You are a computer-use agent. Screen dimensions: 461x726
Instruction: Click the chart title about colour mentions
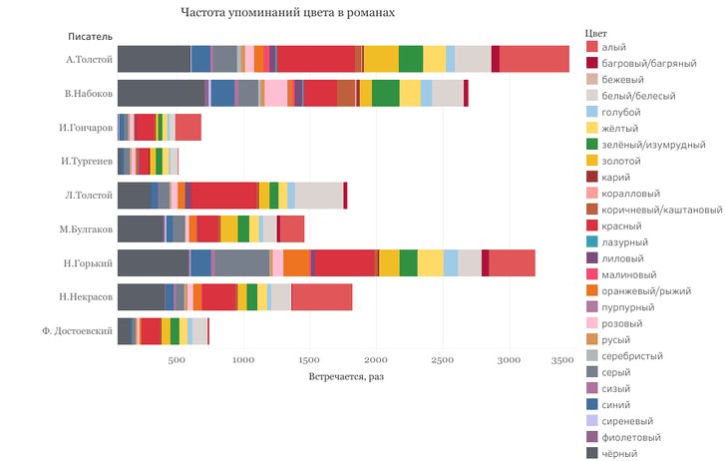pyautogui.click(x=288, y=14)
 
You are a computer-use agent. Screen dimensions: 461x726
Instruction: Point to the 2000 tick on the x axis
pyautogui.click(x=376, y=360)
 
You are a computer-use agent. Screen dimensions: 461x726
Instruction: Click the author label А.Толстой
pyautogui.click(x=89, y=59)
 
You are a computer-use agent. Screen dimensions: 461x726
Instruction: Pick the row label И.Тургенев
pyautogui.click(x=86, y=161)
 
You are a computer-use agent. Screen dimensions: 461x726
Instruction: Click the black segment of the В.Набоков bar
pyautogui.click(x=161, y=93)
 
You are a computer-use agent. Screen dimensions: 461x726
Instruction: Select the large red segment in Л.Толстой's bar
pyautogui.click(x=224, y=195)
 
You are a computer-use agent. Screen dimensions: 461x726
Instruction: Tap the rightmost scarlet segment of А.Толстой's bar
pyautogui.click(x=534, y=59)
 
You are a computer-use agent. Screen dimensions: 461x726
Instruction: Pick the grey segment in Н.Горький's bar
pyautogui.click(x=240, y=262)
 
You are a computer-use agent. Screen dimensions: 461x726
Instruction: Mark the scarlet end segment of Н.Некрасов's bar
pyautogui.click(x=321, y=297)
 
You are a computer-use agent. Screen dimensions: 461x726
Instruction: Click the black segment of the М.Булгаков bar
pyautogui.click(x=140, y=229)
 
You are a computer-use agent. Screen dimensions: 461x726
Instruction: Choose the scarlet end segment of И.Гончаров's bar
pyautogui.click(x=187, y=127)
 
